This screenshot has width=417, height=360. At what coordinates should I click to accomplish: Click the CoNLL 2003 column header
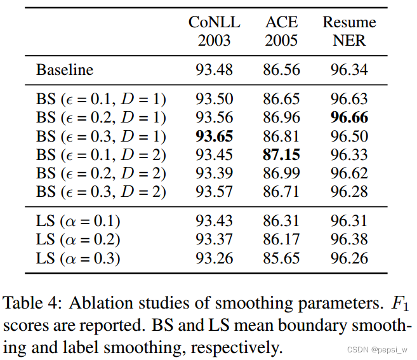[x=214, y=32]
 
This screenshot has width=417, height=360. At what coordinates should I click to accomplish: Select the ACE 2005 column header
[x=281, y=32]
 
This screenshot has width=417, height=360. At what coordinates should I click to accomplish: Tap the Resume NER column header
[x=349, y=32]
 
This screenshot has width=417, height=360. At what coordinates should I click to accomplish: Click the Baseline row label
[x=64, y=69]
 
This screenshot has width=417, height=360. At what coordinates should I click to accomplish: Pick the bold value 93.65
[x=214, y=136]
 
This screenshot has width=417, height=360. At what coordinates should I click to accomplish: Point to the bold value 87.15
[x=281, y=155]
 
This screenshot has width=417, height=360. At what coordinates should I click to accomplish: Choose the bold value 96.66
[x=349, y=117]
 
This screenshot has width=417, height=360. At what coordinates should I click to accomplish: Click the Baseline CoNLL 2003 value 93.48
[x=214, y=69]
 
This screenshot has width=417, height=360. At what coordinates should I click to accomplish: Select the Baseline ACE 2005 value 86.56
[x=281, y=69]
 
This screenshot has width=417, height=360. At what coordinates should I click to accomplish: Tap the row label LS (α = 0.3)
[x=78, y=258]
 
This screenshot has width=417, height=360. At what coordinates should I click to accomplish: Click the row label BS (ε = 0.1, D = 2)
[x=101, y=155]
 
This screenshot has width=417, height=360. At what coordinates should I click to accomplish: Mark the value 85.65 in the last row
[x=281, y=258]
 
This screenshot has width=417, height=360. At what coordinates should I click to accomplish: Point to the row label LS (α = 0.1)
[x=78, y=221]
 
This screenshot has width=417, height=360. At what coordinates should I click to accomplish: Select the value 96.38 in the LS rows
[x=349, y=240]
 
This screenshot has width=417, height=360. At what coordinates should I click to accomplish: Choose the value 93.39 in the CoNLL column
[x=214, y=173]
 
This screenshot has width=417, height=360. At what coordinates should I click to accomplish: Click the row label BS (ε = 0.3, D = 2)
[x=101, y=192]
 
